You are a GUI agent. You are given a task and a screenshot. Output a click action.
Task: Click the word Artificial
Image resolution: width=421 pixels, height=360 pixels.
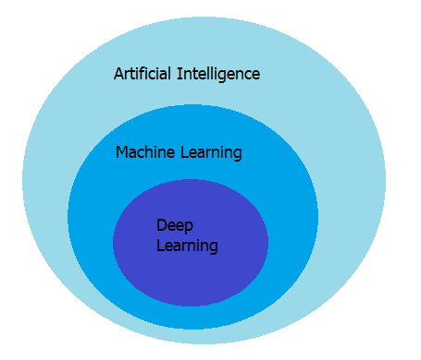click(x=142, y=73)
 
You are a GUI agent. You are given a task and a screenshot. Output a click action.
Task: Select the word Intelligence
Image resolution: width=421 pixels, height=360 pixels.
click(x=217, y=73)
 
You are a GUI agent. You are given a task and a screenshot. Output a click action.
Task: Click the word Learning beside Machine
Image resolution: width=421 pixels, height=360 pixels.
click(x=212, y=153)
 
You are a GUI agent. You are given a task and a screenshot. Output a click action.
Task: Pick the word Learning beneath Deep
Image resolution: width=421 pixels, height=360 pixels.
click(x=187, y=246)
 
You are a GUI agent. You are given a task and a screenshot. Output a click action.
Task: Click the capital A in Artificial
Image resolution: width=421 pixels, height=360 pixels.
click(x=118, y=73)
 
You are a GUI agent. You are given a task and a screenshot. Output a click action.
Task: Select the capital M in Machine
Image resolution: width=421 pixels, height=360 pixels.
click(x=122, y=152)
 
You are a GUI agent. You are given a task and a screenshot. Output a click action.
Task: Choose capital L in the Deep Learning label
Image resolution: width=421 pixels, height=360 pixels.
click(x=160, y=246)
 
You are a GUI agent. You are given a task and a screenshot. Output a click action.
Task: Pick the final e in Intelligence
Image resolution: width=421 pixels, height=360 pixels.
click(x=255, y=74)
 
